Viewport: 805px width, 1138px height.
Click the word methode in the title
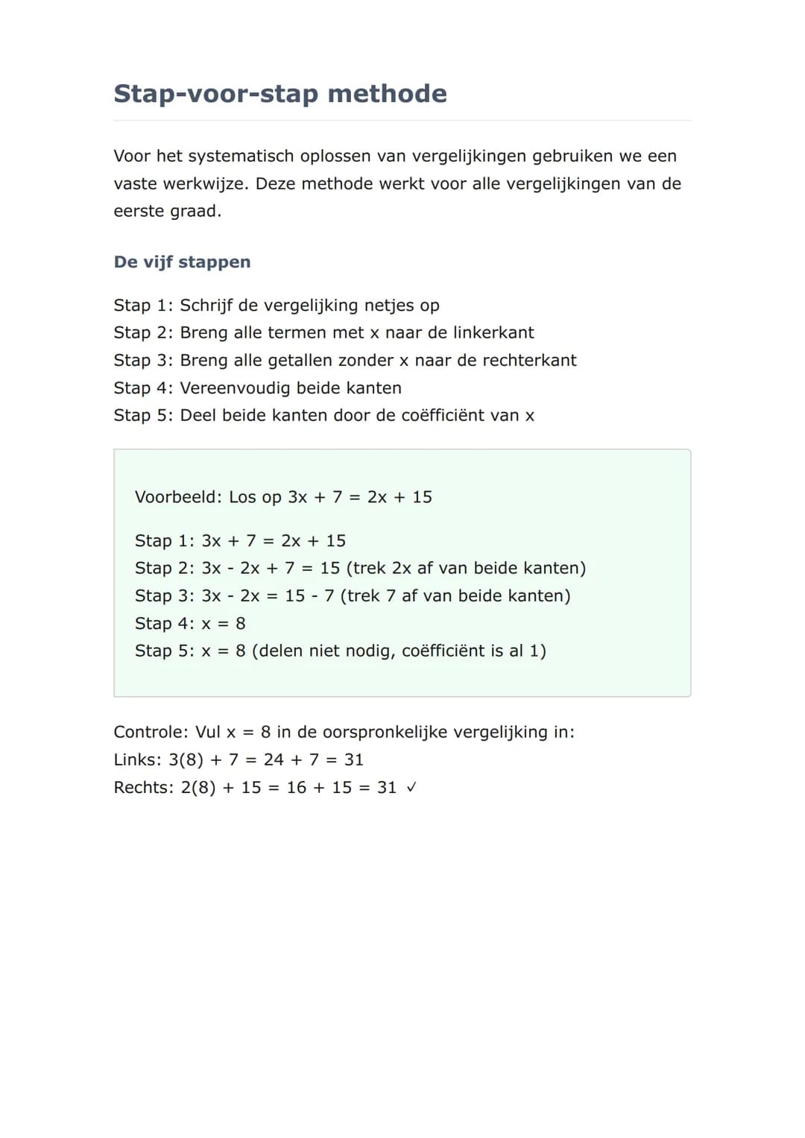[387, 94]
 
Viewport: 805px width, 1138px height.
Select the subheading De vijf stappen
[182, 262]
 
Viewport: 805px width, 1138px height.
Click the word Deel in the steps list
[198, 416]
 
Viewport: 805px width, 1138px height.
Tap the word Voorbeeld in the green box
[177, 497]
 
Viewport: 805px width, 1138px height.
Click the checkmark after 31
[411, 788]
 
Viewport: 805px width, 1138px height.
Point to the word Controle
[150, 733]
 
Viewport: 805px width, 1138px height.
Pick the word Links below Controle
[136, 760]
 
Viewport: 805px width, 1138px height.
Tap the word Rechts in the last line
[142, 788]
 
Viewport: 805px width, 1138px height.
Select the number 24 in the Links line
[274, 760]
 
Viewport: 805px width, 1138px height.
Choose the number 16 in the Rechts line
[297, 788]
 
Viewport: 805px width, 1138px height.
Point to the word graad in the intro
[195, 212]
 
